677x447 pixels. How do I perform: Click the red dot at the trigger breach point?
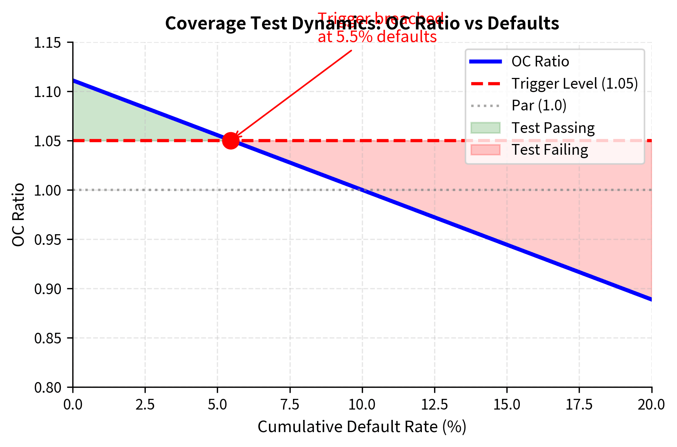coord(231,141)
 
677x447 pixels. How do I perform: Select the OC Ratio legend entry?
coord(540,62)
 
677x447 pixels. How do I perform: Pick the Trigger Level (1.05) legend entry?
coord(574,84)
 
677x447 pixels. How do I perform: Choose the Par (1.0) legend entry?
coord(539,105)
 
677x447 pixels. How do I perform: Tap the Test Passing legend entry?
coord(553,128)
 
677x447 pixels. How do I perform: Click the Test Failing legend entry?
coord(550,150)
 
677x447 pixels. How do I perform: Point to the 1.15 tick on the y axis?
coord(47,43)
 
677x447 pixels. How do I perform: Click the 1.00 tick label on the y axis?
coord(47,190)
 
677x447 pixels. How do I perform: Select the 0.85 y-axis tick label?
coord(47,338)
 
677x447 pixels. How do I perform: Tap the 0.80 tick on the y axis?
coord(47,387)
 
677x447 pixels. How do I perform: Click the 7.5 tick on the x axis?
coord(290,404)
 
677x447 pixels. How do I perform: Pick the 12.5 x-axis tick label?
coord(435,404)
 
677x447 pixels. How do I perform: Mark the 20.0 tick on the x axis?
coord(651,404)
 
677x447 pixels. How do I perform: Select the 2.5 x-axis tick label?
coord(145,404)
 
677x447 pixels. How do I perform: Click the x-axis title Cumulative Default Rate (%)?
coord(362,427)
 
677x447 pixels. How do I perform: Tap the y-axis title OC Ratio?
coord(18,215)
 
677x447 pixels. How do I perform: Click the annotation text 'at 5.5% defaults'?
coord(377,37)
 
